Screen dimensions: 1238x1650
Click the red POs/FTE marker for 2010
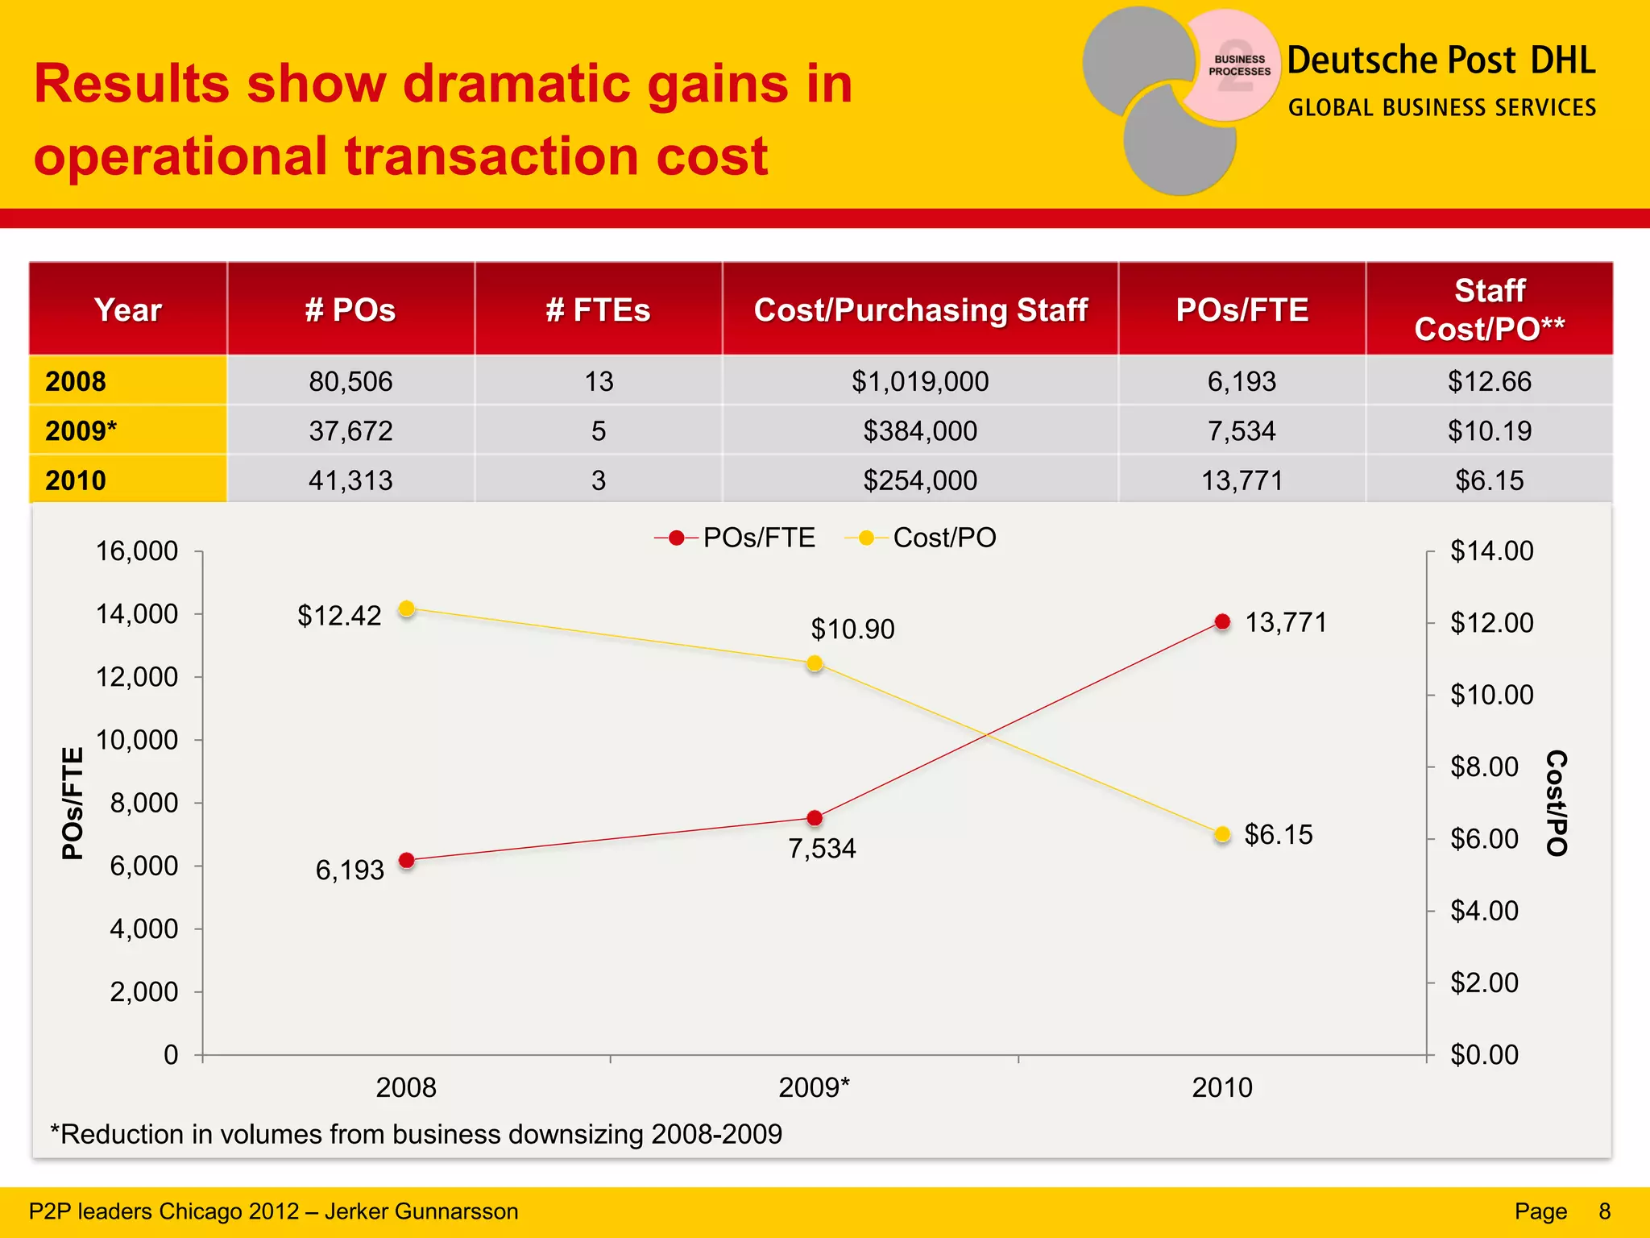(x=1222, y=621)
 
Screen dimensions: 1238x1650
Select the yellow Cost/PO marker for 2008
(x=407, y=609)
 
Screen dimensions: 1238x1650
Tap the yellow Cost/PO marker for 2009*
(x=815, y=663)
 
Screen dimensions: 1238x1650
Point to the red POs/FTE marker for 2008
(x=407, y=860)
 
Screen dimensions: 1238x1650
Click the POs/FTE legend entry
(x=736, y=538)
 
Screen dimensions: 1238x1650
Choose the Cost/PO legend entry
(x=921, y=538)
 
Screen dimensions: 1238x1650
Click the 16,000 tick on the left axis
(x=137, y=551)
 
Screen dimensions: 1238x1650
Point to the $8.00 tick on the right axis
(x=1484, y=766)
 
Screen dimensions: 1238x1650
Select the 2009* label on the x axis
(x=814, y=1087)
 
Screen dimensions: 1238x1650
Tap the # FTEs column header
(x=598, y=310)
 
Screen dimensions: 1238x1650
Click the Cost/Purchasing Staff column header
(x=920, y=310)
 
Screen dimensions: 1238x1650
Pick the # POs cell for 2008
(x=350, y=381)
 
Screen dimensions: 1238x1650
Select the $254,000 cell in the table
(x=920, y=480)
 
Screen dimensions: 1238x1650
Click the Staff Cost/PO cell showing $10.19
(x=1489, y=431)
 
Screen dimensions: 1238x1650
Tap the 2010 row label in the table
(x=76, y=480)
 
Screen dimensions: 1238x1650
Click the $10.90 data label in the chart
(x=852, y=629)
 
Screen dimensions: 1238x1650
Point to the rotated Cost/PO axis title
(x=1557, y=803)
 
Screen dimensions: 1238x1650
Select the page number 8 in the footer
(x=1604, y=1211)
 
